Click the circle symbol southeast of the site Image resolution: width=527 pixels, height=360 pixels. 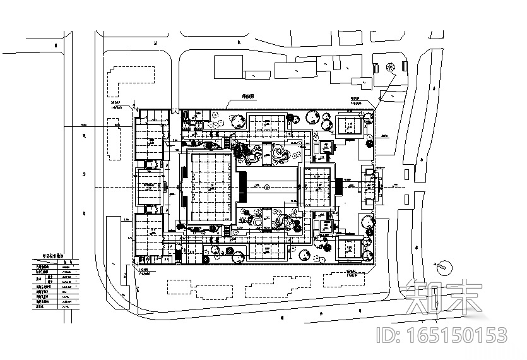pyautogui.click(x=444, y=267)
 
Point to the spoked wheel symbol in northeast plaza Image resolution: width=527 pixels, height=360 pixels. pyautogui.click(x=389, y=66)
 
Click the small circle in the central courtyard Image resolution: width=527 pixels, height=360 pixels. pyautogui.click(x=268, y=187)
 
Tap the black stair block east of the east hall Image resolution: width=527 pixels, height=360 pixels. pyautogui.click(x=339, y=187)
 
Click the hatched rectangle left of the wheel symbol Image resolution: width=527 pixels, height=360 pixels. pyautogui.click(x=377, y=65)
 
